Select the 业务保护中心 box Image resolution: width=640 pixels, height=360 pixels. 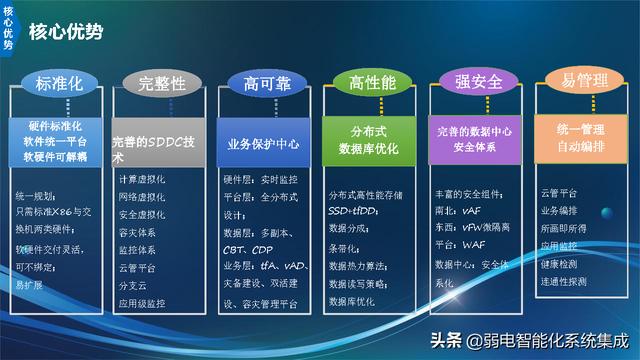coord(264,144)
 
